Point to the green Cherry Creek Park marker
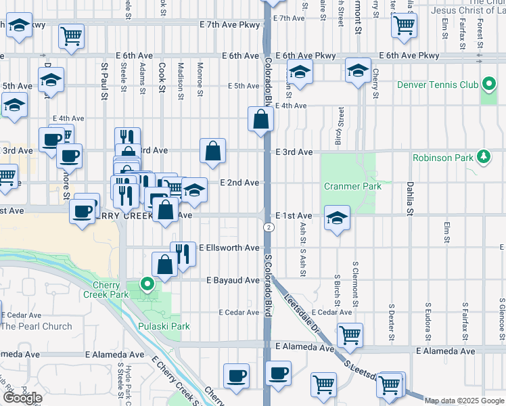pos(145,284)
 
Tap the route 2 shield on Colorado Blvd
pos(269,227)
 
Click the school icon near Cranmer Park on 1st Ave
pos(336,219)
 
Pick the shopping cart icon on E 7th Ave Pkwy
pos(71,36)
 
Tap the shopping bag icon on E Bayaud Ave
pos(165,264)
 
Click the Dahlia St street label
pos(410,198)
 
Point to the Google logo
pos(22,399)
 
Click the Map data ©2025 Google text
pos(464,401)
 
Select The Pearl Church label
pos(37,326)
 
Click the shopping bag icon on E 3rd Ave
pos(212,152)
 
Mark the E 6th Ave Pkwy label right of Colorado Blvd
pos(306,55)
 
